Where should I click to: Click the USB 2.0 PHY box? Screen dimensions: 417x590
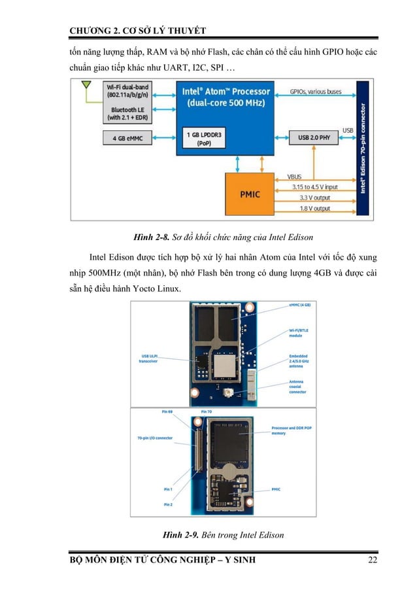point(316,138)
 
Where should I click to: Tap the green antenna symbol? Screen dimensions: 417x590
point(85,86)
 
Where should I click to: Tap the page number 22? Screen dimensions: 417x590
point(373,560)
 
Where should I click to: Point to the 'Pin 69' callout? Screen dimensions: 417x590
point(167,411)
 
